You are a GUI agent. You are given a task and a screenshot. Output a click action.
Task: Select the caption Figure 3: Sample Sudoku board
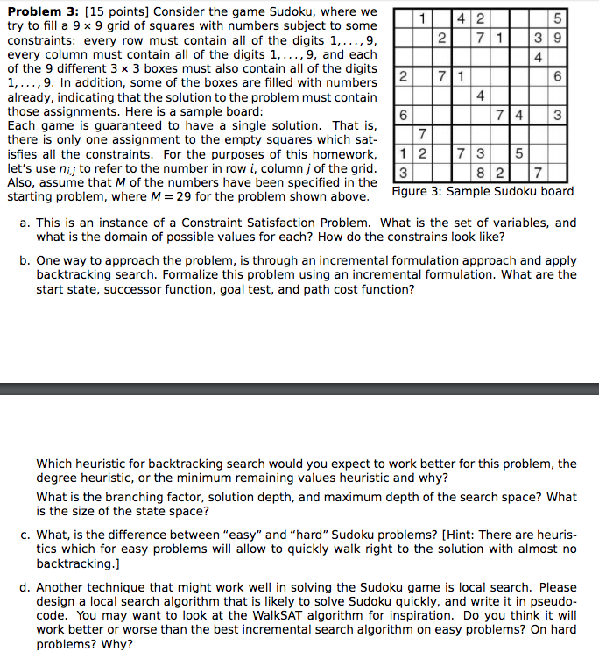483,191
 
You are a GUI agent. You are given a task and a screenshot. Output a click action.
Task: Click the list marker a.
25,223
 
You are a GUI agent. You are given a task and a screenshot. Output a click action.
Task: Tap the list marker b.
25,260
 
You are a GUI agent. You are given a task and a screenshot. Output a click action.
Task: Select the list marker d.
25,588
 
